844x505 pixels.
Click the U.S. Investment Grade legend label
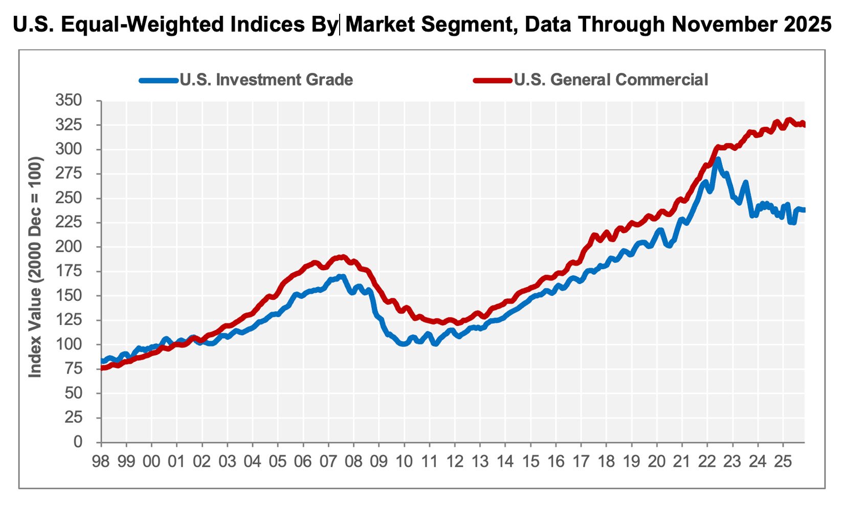(x=266, y=80)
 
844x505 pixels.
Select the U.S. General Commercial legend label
(x=611, y=80)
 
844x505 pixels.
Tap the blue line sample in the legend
(x=159, y=80)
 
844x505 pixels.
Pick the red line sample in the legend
(x=492, y=80)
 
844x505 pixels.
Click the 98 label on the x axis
(x=101, y=461)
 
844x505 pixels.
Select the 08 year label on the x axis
(x=353, y=461)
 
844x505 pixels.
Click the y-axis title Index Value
(x=35, y=267)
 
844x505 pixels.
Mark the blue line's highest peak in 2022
(x=718, y=160)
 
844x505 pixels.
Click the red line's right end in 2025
(x=804, y=124)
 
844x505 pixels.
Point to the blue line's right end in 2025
(x=804, y=210)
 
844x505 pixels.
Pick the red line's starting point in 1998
(x=102, y=368)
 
